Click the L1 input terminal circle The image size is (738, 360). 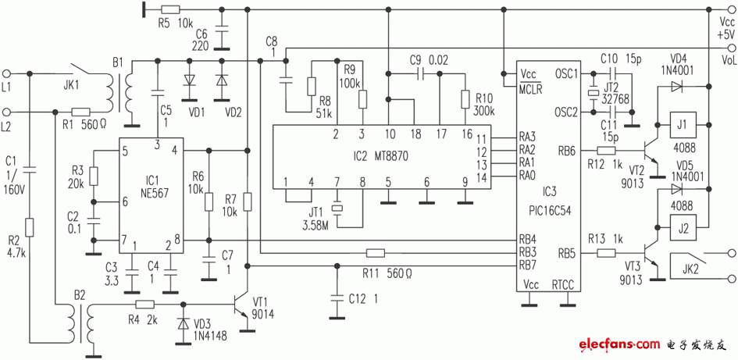[6, 73]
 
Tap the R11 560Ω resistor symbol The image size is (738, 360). [375, 254]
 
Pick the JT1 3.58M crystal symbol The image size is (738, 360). [337, 208]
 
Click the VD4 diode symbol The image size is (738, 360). [676, 86]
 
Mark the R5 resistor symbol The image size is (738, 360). [169, 9]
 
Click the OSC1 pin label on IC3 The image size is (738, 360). [565, 73]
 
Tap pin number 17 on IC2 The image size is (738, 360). [440, 134]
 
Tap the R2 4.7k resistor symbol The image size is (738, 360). [30, 226]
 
